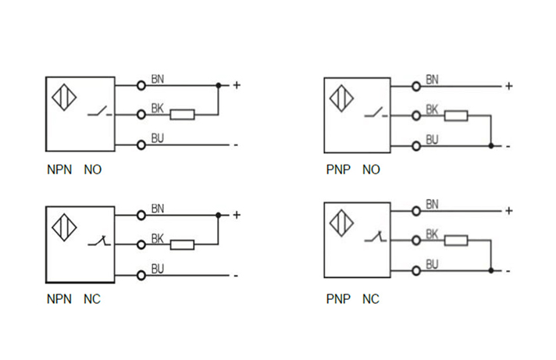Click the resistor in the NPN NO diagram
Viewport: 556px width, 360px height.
pyautogui.click(x=182, y=115)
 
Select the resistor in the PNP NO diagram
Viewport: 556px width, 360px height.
pyautogui.click(x=456, y=116)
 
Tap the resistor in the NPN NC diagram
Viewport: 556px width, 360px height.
pyautogui.click(x=182, y=244)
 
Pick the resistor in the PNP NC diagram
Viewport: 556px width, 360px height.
pyautogui.click(x=456, y=241)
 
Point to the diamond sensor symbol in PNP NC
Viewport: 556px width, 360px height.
pyautogui.click(x=341, y=224)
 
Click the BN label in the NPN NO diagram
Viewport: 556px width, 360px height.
pyautogui.click(x=157, y=79)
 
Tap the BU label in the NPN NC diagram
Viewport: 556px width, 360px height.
pyautogui.click(x=157, y=269)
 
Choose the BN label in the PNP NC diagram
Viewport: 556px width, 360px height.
pyautogui.click(x=432, y=205)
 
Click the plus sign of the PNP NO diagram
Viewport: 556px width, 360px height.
pyautogui.click(x=508, y=86)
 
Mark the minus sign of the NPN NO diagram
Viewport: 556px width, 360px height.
pyautogui.click(x=235, y=144)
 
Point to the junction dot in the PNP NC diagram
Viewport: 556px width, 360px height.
pyautogui.click(x=490, y=270)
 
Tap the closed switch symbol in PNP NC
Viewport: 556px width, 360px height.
pyautogui.click(x=374, y=238)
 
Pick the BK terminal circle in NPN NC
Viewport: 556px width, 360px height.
pyautogui.click(x=141, y=244)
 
